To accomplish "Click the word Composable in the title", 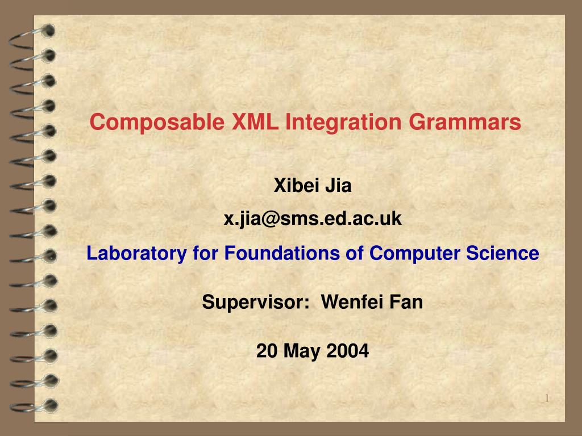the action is tap(157, 123).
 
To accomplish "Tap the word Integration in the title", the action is tap(343, 123).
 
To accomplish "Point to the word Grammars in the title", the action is tap(465, 123).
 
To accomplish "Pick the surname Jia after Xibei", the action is tap(338, 185).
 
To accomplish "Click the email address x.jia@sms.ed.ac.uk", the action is tap(313, 219).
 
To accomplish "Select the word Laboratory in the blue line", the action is tap(136, 254).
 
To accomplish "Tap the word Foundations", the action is tap(282, 253).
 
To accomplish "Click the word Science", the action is tap(502, 253).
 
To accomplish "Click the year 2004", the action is tap(348, 351).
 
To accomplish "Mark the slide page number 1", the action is tap(547, 398).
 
